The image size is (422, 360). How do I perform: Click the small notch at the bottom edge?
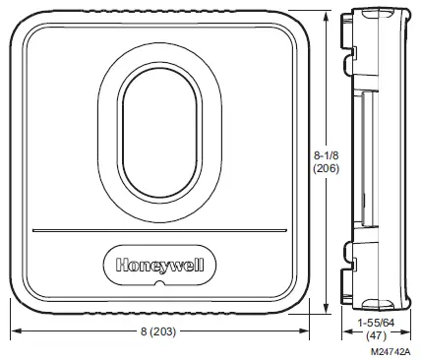(160, 288)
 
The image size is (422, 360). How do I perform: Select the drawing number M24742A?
(391, 348)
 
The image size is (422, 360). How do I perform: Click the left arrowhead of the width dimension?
(14, 330)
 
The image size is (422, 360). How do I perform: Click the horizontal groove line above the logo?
(160, 231)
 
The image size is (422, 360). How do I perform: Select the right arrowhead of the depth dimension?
(404, 330)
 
